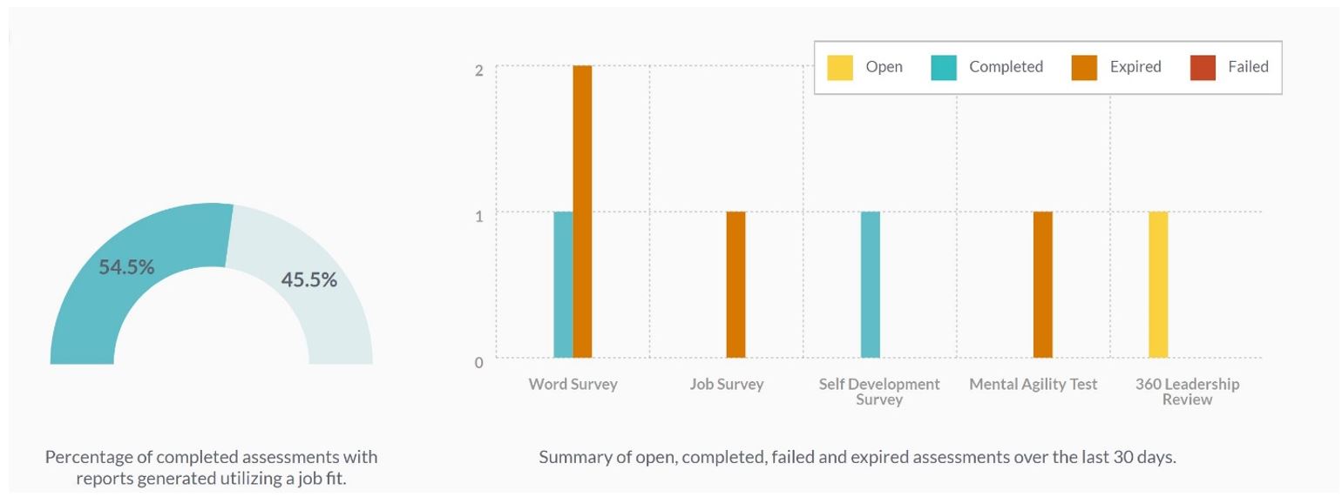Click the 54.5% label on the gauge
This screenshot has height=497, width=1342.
(126, 267)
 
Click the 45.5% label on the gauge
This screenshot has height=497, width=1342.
(308, 279)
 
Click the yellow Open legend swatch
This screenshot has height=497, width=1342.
(840, 67)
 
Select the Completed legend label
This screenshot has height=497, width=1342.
(1006, 67)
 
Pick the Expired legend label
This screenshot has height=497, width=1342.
(1135, 67)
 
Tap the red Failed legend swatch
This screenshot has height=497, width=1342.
(1203, 67)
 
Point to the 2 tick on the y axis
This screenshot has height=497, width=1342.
(478, 70)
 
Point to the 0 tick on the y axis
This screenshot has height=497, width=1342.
(478, 362)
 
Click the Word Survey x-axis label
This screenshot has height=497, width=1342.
(573, 384)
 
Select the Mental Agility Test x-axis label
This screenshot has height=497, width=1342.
(1033, 384)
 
